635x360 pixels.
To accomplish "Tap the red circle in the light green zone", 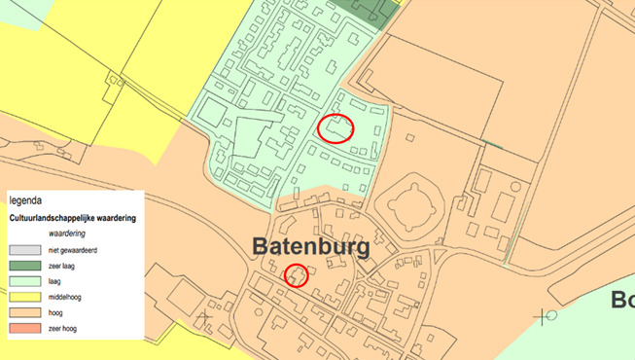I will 335,127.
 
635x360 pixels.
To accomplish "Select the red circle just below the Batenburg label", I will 296,275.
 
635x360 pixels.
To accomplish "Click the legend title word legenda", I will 27,200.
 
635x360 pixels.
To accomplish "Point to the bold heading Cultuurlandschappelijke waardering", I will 73,218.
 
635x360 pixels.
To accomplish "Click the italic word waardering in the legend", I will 68,234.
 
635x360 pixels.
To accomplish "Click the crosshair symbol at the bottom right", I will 543,315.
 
